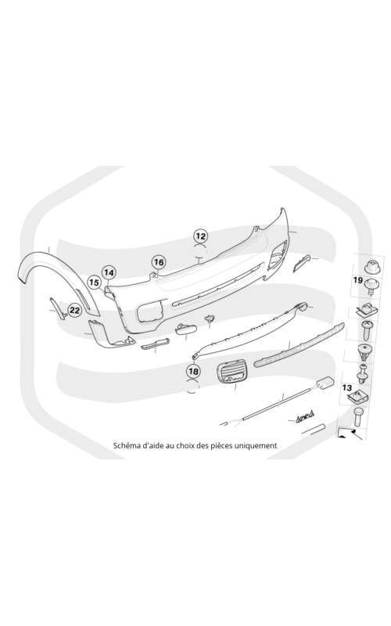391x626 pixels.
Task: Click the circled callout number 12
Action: point(200,236)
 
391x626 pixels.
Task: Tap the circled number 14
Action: point(109,273)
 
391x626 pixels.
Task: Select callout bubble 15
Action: point(94,282)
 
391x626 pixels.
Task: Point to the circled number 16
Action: point(159,262)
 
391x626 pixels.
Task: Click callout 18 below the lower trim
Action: point(193,372)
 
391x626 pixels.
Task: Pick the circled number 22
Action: point(74,310)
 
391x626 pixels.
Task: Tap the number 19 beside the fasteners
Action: point(358,280)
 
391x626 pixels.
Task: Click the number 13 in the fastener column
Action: point(347,387)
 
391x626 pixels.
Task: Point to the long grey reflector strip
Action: point(299,346)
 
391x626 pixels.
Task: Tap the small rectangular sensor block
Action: point(325,383)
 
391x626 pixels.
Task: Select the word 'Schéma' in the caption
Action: point(125,445)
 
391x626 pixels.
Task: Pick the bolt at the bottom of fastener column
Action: point(358,417)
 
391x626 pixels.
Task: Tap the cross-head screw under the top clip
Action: point(367,329)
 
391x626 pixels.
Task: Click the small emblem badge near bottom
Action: point(305,417)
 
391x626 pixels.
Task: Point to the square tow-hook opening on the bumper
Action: point(150,311)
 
